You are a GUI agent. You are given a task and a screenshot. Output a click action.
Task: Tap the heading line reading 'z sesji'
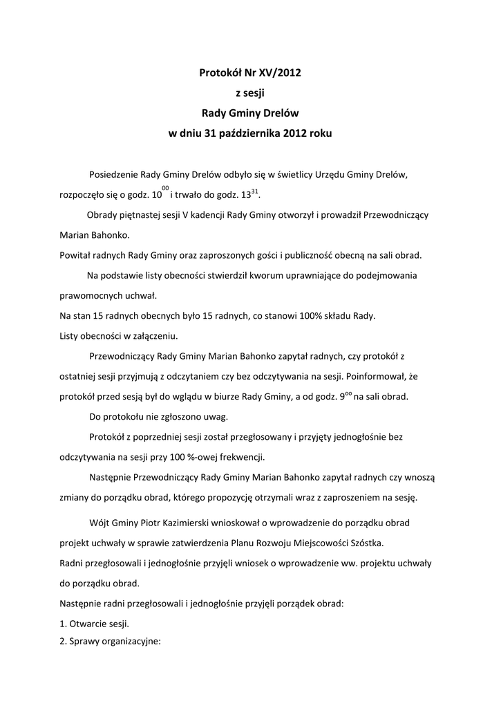[x=250, y=91]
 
